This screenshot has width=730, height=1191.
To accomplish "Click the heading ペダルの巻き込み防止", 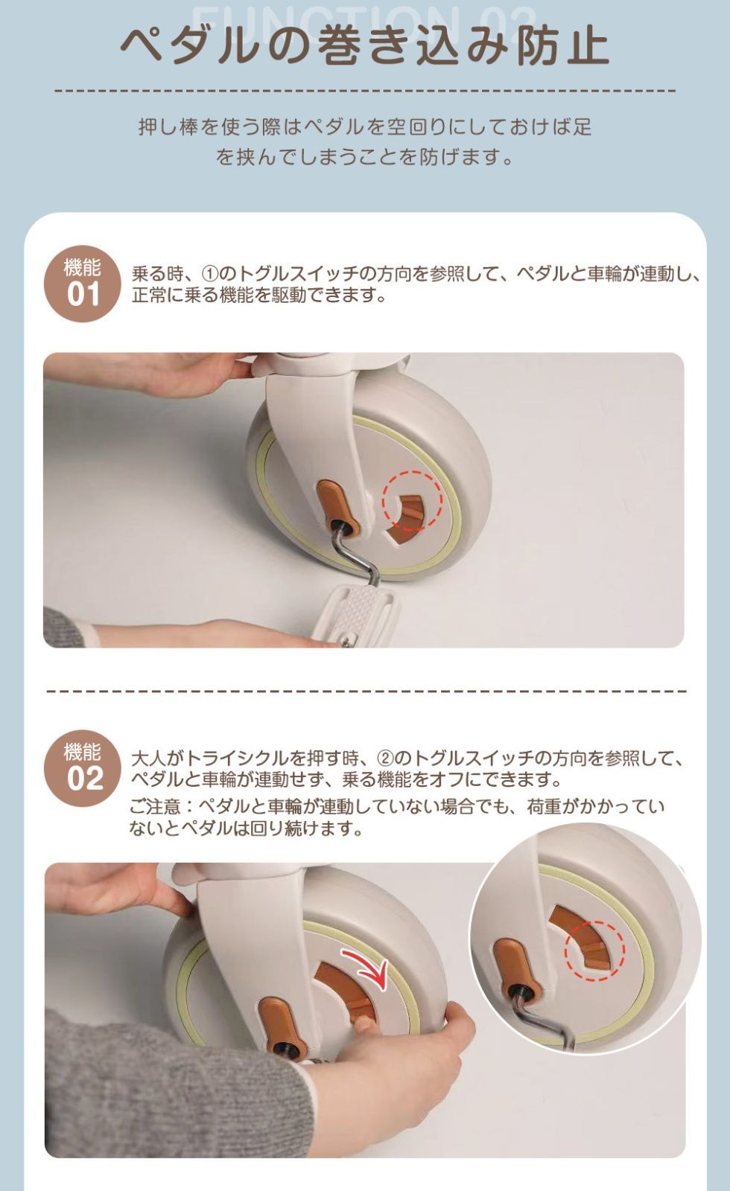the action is [x=364, y=45].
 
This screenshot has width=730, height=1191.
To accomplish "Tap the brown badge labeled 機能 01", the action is [x=83, y=284].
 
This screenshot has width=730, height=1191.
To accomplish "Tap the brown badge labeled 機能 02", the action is [x=83, y=767].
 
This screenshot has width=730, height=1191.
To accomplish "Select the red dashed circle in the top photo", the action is [x=413, y=500].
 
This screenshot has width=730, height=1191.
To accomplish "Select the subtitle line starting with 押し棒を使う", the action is [x=364, y=127].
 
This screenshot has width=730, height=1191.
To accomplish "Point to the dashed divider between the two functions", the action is [x=366, y=692].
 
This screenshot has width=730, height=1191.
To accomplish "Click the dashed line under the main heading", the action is [x=365, y=91].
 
